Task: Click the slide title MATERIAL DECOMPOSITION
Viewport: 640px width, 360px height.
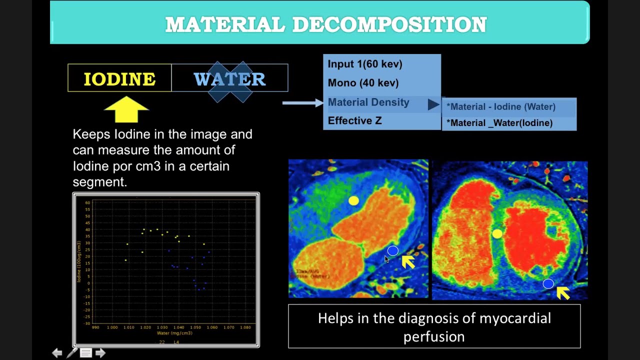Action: coord(325,24)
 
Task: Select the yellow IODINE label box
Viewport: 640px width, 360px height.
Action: coord(119,78)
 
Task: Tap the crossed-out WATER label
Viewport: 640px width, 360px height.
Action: coord(229,79)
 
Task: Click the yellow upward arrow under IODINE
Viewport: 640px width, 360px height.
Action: coord(126,109)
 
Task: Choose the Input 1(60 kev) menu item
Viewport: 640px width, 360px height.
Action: coord(365,64)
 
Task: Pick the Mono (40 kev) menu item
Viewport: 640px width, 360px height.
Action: coord(363,83)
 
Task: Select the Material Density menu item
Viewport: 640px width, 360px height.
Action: coord(368,102)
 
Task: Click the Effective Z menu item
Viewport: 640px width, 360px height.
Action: coord(354,120)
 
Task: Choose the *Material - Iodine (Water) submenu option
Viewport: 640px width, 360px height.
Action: coord(500,106)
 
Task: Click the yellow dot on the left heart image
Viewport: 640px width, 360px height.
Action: coord(353,200)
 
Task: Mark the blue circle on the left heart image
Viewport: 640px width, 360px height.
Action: coord(392,250)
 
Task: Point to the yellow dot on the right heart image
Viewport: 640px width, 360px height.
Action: coord(497,233)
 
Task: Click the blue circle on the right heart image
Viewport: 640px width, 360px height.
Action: coord(548,284)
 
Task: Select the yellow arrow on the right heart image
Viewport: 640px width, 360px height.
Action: coord(563,292)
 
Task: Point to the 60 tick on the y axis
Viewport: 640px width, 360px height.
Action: coord(87,203)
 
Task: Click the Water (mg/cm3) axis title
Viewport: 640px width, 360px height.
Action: coord(174,333)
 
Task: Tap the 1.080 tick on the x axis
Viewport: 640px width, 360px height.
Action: coord(245,327)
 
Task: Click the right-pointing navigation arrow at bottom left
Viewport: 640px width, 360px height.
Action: coord(100,353)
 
